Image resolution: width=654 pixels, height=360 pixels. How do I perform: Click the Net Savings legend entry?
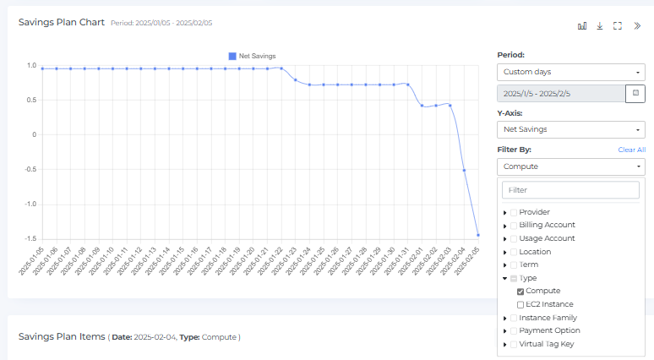253,56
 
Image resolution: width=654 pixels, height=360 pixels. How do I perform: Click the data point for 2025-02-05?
478,235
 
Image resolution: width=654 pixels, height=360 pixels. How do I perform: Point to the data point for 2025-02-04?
464,170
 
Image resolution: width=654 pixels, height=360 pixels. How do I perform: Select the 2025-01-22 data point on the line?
281,68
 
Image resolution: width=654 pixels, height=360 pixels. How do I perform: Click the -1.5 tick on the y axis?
30,238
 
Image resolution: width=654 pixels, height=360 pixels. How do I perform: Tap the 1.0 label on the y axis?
31,65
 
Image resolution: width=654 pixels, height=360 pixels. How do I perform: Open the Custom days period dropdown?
570,72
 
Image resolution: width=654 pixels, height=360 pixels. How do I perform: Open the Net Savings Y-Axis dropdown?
570,129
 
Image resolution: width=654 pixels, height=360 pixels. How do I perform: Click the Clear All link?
631,150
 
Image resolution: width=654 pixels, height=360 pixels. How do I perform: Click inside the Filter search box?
570,190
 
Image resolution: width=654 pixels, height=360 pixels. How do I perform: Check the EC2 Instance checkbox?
520,304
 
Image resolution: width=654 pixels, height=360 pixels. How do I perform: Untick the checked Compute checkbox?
520,291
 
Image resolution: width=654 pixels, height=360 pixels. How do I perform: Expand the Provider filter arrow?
505,212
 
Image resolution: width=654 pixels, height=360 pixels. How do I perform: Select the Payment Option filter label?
549,330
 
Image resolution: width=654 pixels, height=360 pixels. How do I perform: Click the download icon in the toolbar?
600,25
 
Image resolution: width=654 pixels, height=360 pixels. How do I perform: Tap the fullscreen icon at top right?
618,25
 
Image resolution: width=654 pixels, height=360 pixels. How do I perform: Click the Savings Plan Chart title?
62,22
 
